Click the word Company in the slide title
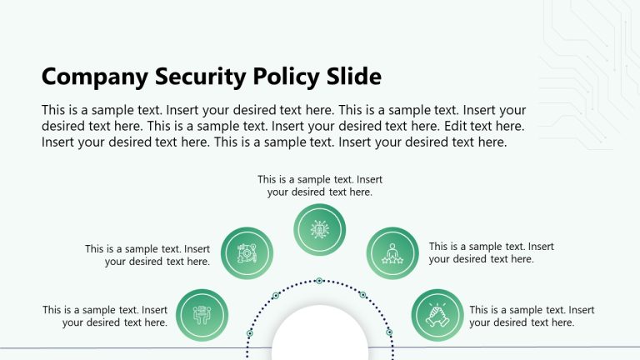pyautogui.click(x=94, y=77)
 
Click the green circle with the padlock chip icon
pyautogui.click(x=320, y=229)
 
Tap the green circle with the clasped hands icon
pyautogui.click(x=437, y=315)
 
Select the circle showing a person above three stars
pyautogui.click(x=392, y=252)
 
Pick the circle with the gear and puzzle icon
pyautogui.click(x=247, y=252)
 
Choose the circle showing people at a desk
pyautogui.click(x=202, y=315)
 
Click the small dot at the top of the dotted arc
pyautogui.click(x=319, y=281)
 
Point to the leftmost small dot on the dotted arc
pyautogui.click(x=249, y=333)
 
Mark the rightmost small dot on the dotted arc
pyautogui.click(x=389, y=332)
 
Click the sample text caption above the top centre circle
pyautogui.click(x=320, y=185)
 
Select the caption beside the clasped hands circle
pyautogui.click(x=532, y=316)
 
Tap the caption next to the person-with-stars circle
pyautogui.click(x=491, y=252)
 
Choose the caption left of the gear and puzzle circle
pyautogui.click(x=147, y=255)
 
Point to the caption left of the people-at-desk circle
pyautogui.click(x=106, y=316)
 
